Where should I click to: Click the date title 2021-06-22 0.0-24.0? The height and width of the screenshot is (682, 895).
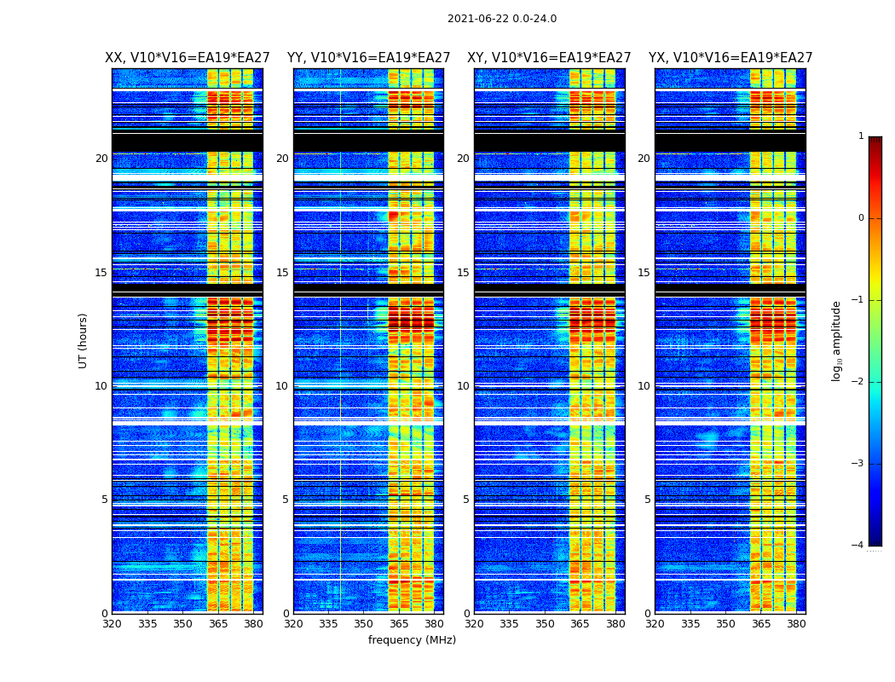click(x=501, y=19)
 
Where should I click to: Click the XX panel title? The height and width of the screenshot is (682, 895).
click(x=188, y=58)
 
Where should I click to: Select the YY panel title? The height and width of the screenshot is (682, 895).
click(x=368, y=58)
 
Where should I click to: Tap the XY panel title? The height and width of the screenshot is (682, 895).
click(x=549, y=58)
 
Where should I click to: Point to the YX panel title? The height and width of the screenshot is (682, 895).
click(x=730, y=58)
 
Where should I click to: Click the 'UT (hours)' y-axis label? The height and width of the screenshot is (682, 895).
click(x=84, y=340)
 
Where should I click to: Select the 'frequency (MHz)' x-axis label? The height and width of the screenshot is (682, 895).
click(x=412, y=640)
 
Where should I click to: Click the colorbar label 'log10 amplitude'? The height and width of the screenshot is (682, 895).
click(x=837, y=340)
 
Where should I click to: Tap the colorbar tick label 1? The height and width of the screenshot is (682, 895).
click(x=861, y=136)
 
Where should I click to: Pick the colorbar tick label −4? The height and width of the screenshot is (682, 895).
click(x=859, y=546)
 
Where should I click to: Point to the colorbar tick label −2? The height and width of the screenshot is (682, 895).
click(x=859, y=382)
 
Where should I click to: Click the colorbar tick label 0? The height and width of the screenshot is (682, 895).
click(x=861, y=218)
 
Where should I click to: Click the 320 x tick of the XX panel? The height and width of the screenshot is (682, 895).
click(x=112, y=624)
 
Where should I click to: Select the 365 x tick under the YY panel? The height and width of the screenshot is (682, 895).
click(x=399, y=624)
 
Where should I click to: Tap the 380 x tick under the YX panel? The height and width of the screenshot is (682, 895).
click(x=796, y=624)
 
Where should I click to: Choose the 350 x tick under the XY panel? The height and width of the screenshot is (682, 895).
click(x=545, y=624)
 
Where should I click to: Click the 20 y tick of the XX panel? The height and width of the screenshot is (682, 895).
click(x=101, y=159)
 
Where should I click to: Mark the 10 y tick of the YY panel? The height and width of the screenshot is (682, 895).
click(x=282, y=386)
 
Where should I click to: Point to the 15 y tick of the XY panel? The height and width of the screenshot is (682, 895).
click(x=463, y=273)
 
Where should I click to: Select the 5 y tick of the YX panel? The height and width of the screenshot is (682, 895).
click(x=647, y=500)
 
